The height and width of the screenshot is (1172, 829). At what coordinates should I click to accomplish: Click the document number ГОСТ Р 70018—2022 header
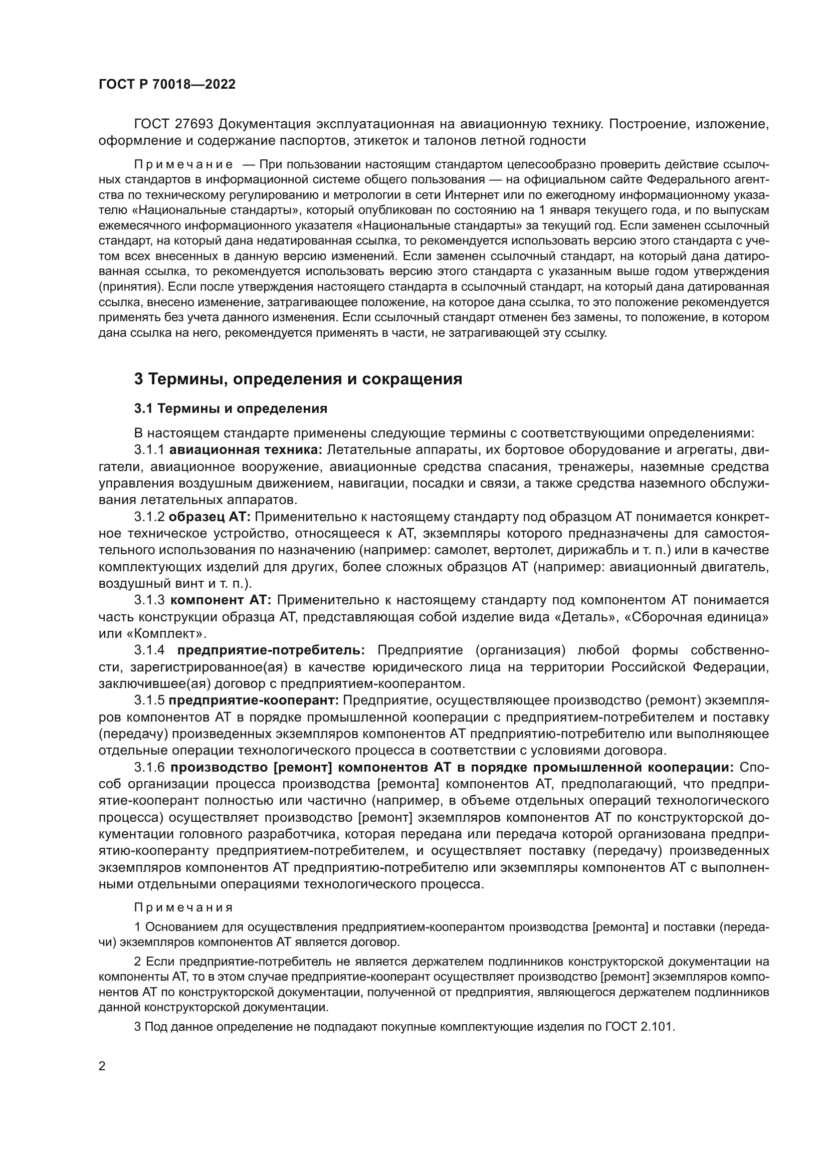[167, 85]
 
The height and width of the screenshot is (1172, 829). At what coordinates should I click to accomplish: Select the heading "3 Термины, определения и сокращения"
[298, 379]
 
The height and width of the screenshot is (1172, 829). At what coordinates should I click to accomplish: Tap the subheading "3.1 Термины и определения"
[230, 409]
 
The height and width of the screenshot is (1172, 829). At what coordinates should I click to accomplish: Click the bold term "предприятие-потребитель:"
[271, 650]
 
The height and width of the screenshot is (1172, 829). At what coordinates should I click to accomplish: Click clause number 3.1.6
[149, 767]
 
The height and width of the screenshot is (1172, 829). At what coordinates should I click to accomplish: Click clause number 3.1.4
[149, 650]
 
